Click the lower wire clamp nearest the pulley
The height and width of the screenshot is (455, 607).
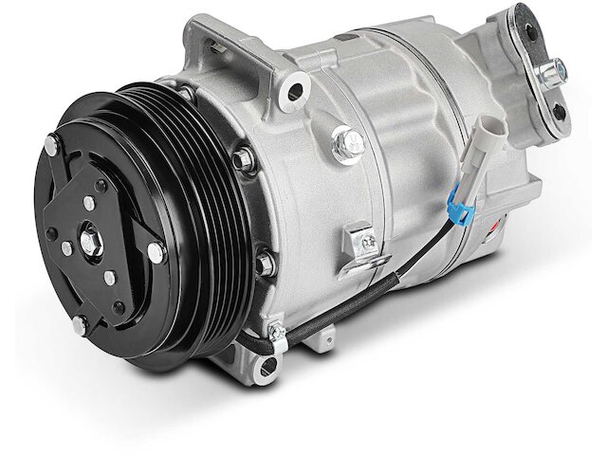coord(277,332)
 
